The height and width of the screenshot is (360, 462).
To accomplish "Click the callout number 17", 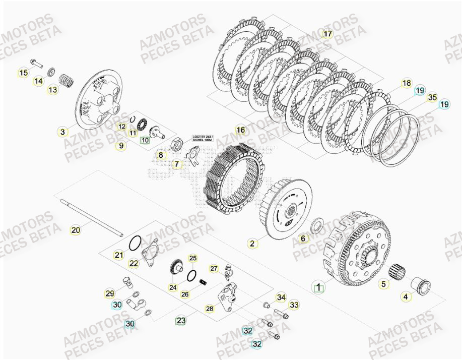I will (327, 34).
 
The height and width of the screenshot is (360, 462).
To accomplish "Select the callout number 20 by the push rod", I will (75, 230).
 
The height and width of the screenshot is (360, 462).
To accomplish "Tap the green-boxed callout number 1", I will (317, 288).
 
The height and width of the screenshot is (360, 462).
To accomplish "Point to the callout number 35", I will (432, 97).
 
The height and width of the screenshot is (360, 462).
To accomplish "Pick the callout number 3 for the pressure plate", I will (62, 132).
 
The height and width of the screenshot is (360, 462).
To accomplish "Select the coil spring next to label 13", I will (64, 80).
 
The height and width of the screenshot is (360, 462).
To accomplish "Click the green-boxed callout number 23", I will (180, 320).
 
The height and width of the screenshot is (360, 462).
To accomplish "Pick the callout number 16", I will (240, 130).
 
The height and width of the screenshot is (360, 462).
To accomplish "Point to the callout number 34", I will (281, 297).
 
